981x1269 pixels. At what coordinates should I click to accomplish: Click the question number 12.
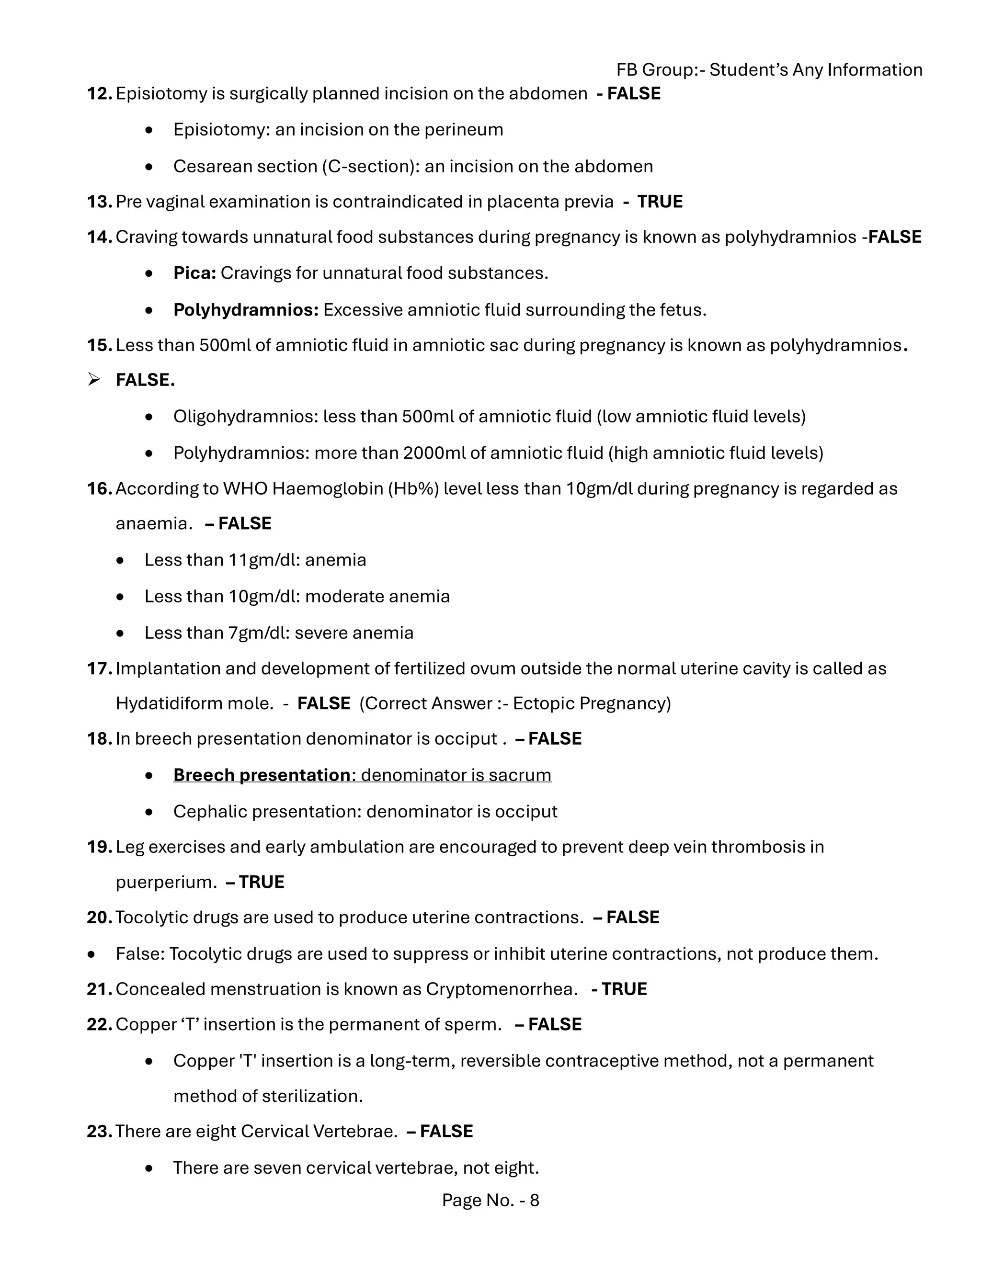coord(99,93)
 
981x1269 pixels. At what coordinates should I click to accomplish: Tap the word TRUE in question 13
coord(660,202)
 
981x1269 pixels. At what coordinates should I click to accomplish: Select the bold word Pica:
coord(194,273)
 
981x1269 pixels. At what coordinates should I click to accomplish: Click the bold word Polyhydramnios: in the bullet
coord(246,310)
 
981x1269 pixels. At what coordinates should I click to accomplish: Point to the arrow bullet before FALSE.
coord(93,380)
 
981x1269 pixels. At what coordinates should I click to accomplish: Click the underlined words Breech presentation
coord(262,775)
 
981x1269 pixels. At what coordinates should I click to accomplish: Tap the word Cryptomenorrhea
coord(500,989)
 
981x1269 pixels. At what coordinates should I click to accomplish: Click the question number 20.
coord(99,918)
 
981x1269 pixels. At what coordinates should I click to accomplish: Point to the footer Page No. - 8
coord(490,1201)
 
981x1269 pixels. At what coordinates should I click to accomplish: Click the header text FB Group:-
coord(660,70)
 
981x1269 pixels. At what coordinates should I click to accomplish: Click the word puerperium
coord(166,882)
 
